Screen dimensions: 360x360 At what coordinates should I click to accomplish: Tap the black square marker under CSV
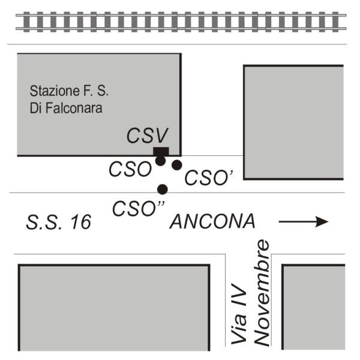coord(161,151)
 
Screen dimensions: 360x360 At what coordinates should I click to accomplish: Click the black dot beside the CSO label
coord(160,161)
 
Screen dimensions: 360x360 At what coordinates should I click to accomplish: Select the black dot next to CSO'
coord(176,164)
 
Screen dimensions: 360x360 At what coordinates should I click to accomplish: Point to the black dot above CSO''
coord(162,190)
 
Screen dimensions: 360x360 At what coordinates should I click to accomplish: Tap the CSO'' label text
coord(138,208)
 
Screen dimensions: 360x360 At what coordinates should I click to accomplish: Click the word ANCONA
coord(213,222)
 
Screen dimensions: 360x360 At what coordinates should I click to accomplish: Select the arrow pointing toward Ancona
coord(303,222)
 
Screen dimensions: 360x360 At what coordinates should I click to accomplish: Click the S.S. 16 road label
coord(59,223)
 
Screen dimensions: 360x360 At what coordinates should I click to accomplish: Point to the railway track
coord(180,22)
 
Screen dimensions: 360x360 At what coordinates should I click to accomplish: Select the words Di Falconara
coord(66,109)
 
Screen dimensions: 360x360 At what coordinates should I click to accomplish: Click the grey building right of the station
coord(293,122)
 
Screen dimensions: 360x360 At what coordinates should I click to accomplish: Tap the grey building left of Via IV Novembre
coord(114,307)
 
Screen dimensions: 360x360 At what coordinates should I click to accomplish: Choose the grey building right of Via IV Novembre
coord(314,307)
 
